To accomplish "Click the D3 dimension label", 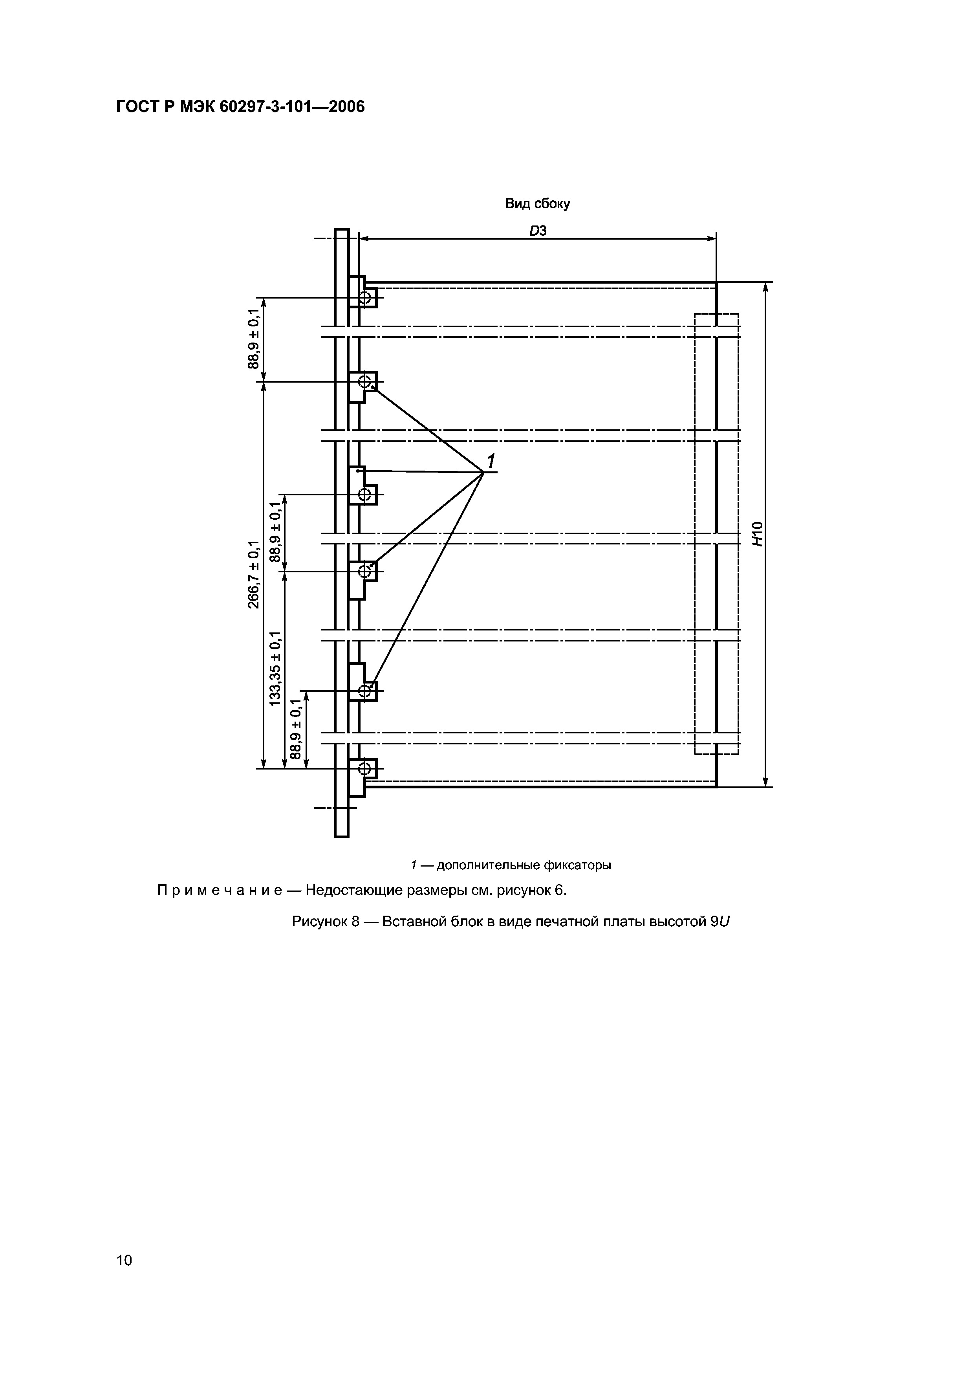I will [x=538, y=231].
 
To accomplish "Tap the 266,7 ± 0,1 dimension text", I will [x=254, y=574].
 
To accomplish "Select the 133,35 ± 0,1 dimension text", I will [x=275, y=669].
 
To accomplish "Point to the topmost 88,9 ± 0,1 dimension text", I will [x=254, y=339].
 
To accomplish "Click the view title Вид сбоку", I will [x=537, y=204].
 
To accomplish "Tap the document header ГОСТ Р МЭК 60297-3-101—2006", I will [x=240, y=107].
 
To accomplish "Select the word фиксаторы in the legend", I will [x=577, y=865].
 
